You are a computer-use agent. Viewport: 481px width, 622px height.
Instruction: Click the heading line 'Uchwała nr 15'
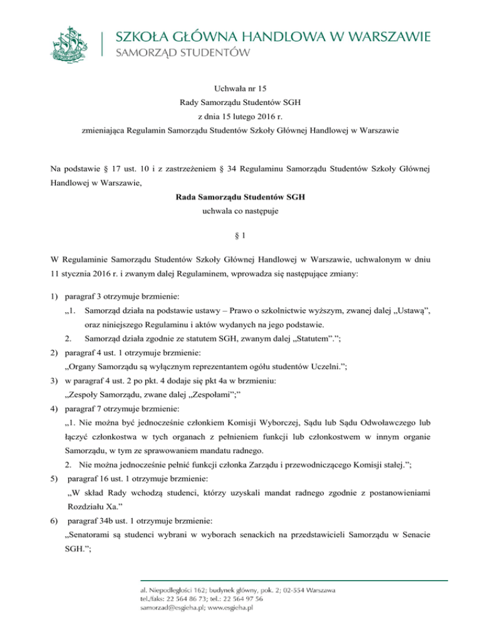click(240, 89)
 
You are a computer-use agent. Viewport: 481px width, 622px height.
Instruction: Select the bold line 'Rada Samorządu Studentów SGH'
click(240, 197)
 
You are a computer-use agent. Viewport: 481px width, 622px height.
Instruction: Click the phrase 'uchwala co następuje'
click(240, 212)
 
